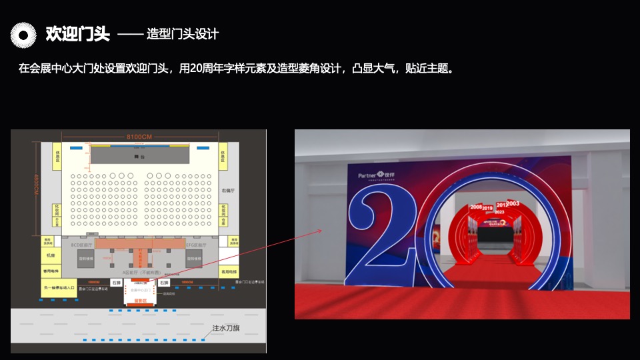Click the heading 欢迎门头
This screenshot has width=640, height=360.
pyautogui.click(x=77, y=33)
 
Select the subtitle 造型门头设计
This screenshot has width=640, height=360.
pyautogui.click(x=182, y=34)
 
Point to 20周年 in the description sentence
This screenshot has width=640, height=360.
pyautogui.click(x=211, y=68)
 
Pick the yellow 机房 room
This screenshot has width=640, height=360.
pyautogui.click(x=51, y=255)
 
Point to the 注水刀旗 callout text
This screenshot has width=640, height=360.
pyautogui.click(x=226, y=328)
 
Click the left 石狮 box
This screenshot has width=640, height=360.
pyautogui.click(x=117, y=283)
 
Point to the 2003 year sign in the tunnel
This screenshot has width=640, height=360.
pyautogui.click(x=513, y=203)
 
